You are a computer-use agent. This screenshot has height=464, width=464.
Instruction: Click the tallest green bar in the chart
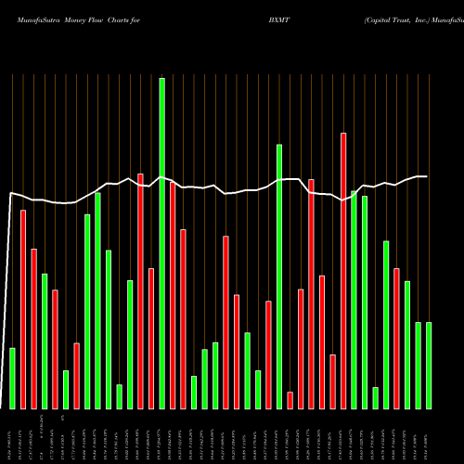161,243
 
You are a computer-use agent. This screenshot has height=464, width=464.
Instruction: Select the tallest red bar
317,270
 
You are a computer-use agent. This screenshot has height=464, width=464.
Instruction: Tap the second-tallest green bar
278,277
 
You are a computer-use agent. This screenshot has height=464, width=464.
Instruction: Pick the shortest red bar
290,400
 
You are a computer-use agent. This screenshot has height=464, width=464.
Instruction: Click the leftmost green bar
12,378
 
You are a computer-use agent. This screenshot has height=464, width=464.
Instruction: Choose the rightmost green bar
429,365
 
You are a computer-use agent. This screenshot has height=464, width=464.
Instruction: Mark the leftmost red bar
23,309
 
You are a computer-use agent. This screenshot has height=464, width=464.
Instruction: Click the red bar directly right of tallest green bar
173,295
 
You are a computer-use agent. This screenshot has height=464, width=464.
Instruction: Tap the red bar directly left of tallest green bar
151,338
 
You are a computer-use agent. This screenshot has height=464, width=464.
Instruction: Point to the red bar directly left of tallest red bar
311,293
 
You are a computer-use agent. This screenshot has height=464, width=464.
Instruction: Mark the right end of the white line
427,176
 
